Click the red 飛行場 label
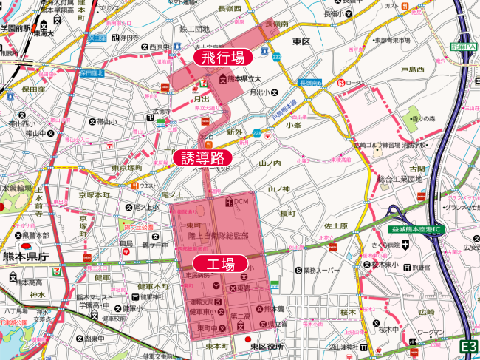(222, 57)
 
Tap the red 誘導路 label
(202, 157)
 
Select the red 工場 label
(219, 264)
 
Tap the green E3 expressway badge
(468, 346)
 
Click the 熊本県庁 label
(24, 257)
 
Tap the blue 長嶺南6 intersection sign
(312, 83)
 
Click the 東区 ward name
(301, 41)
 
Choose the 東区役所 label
(267, 346)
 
